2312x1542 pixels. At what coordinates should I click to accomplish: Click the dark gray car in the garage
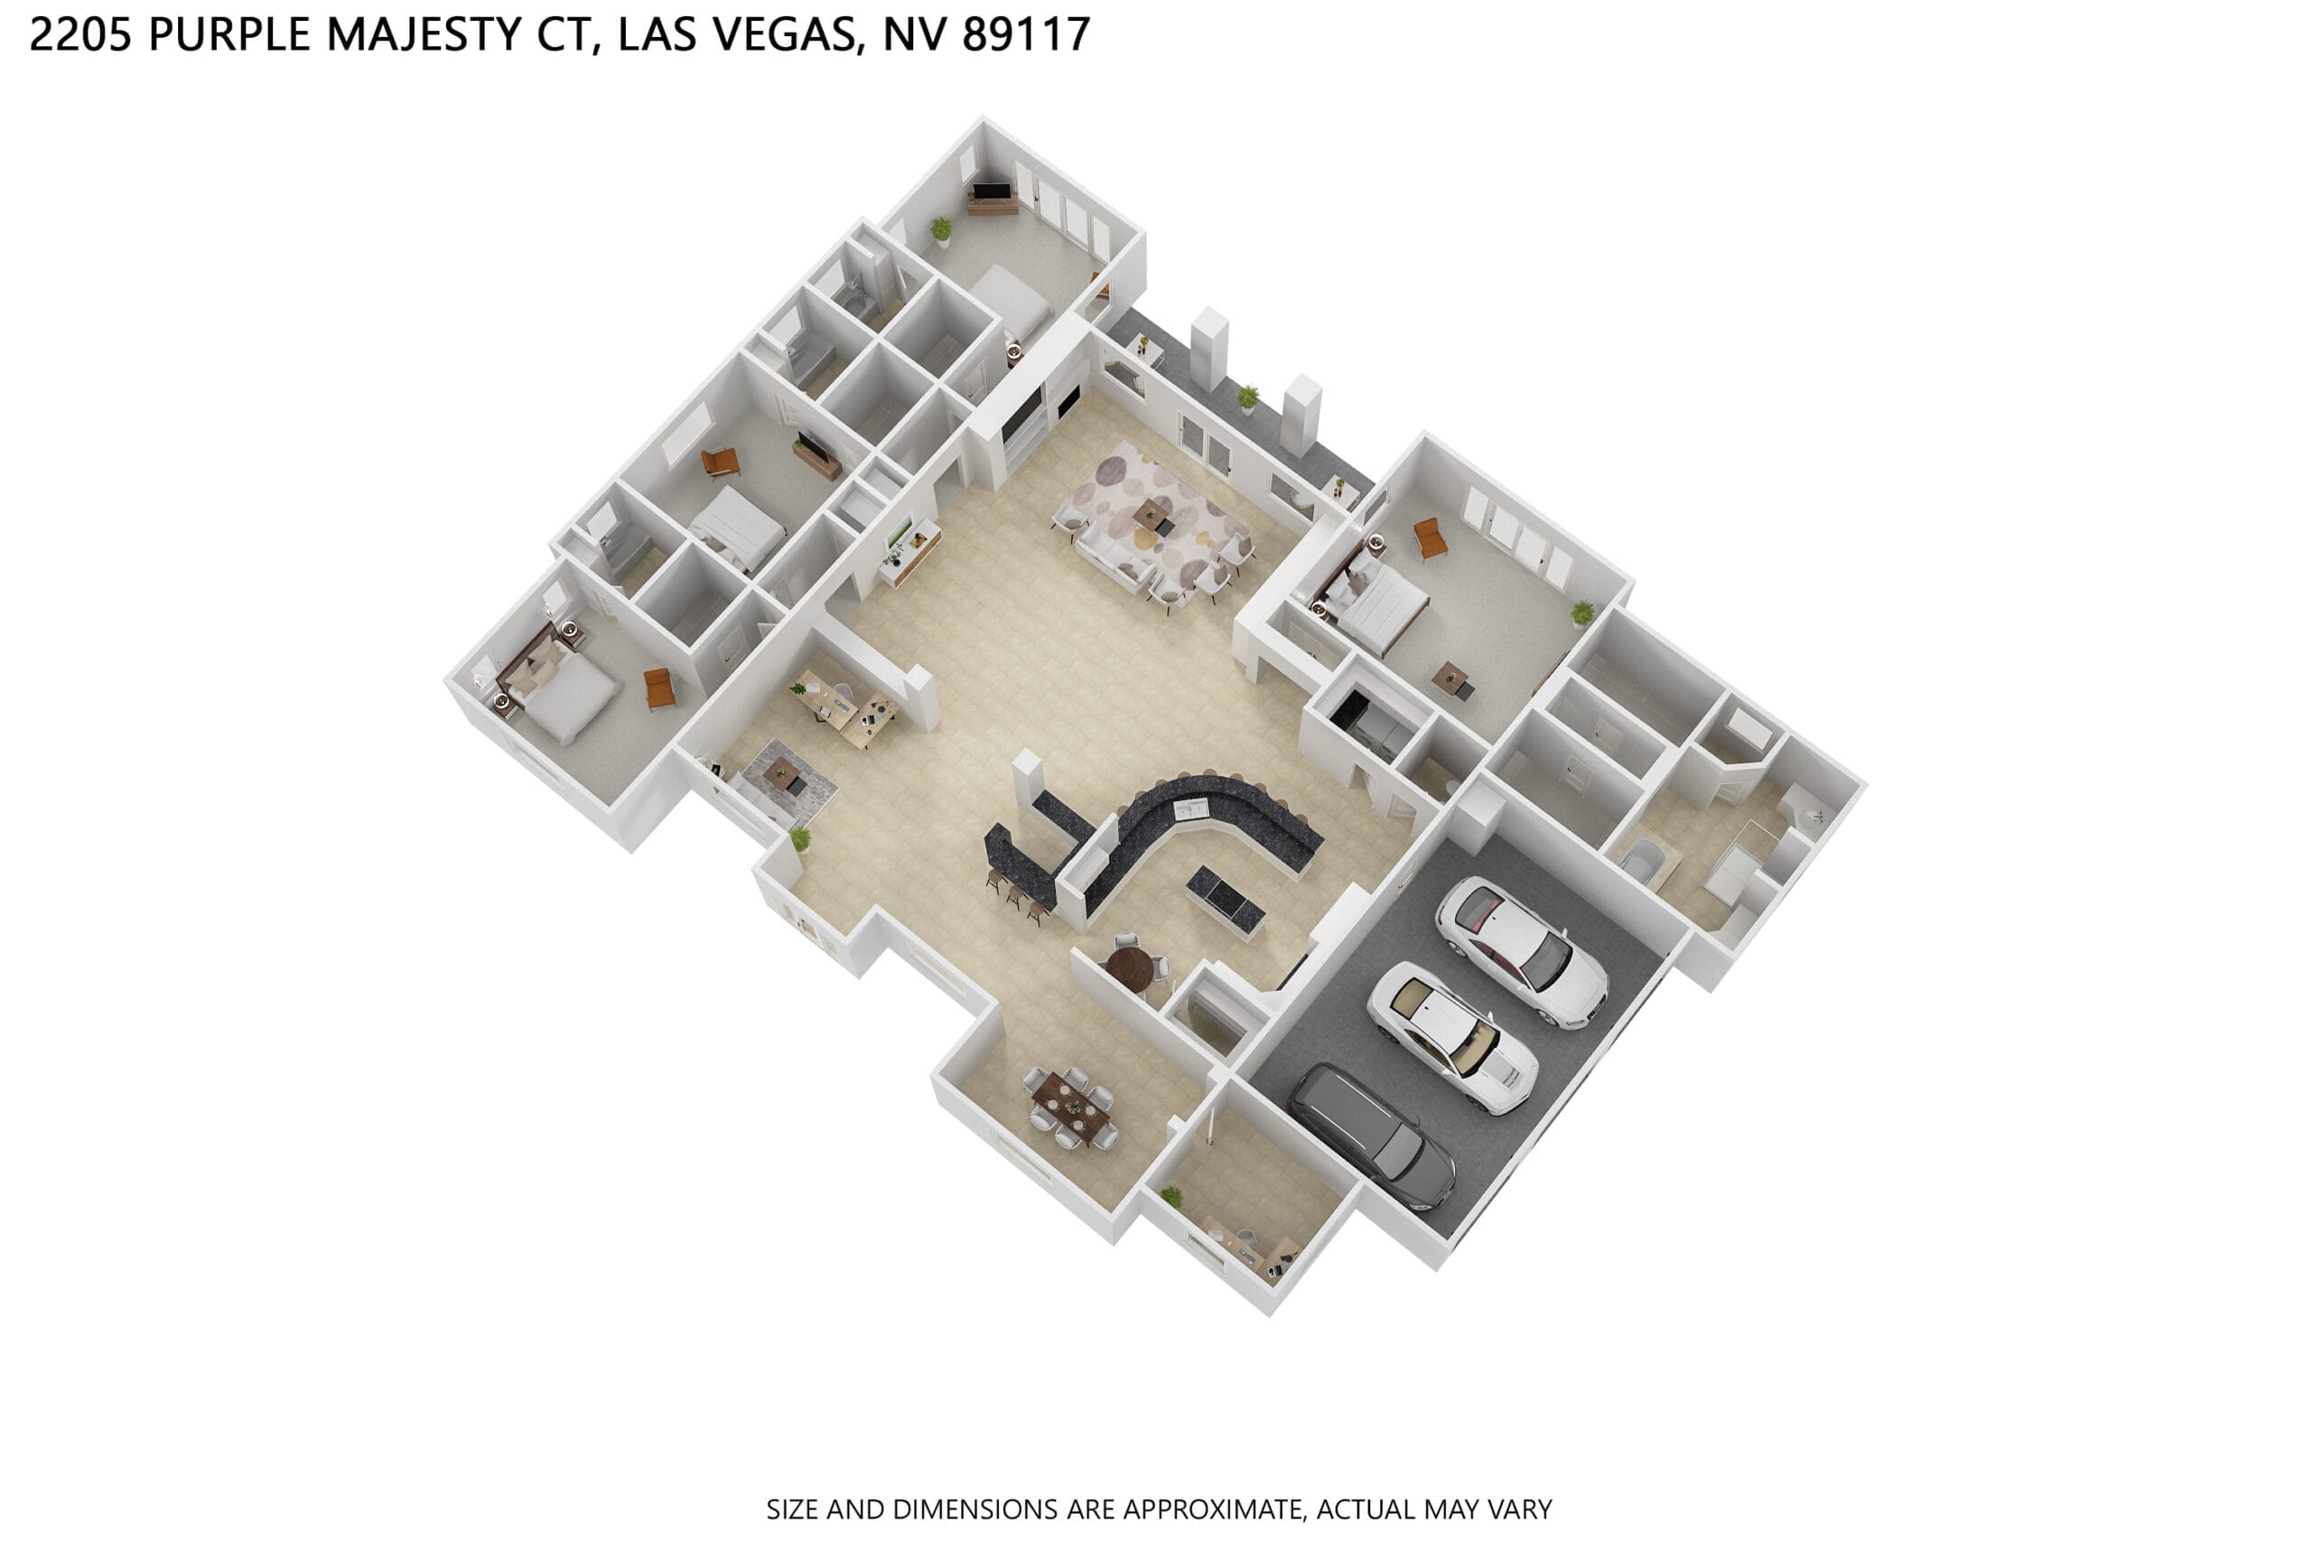pyautogui.click(x=1371, y=1135)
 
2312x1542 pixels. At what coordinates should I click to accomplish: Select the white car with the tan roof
pyautogui.click(x=1452, y=1038)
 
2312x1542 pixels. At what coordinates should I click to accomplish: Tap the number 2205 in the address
pyautogui.click(x=80, y=34)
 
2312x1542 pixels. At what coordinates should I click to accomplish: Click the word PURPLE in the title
pyautogui.click(x=230, y=34)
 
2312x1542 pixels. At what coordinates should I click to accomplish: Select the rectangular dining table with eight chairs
pyautogui.click(x=1070, y=1107)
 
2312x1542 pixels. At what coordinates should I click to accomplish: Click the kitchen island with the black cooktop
pyautogui.click(x=1225, y=899)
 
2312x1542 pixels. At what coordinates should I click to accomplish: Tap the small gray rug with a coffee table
pyautogui.click(x=788, y=781)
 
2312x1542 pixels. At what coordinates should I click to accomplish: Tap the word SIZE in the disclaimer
pyautogui.click(x=792, y=1509)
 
